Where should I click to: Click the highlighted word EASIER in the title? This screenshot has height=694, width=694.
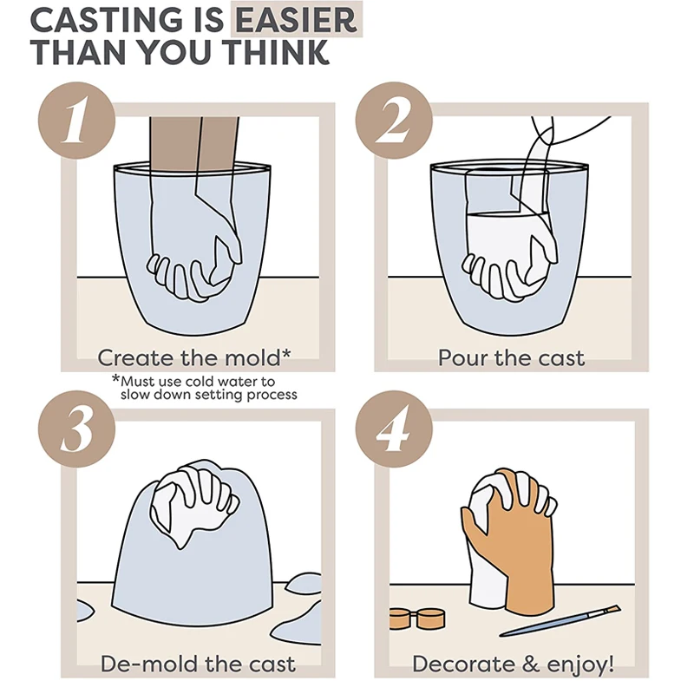pyautogui.click(x=296, y=19)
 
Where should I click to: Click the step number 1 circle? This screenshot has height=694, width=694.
pyautogui.click(x=76, y=120)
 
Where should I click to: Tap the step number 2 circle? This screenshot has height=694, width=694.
pyautogui.click(x=394, y=120)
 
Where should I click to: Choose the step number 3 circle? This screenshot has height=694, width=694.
pyautogui.click(x=76, y=429)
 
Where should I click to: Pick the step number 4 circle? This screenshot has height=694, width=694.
pyautogui.click(x=394, y=429)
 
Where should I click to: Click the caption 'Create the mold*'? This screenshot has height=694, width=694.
pyautogui.click(x=194, y=357)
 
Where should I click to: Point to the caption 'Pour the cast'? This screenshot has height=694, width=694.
pyautogui.click(x=511, y=357)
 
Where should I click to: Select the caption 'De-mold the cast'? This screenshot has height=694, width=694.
pyautogui.click(x=198, y=664)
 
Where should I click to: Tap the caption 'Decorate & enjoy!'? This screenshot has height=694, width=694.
pyautogui.click(x=514, y=664)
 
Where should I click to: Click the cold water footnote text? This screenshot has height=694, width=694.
pyautogui.click(x=205, y=388)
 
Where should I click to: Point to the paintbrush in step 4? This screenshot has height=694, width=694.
pyautogui.click(x=560, y=620)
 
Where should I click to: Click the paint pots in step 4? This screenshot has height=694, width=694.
pyautogui.click(x=417, y=618)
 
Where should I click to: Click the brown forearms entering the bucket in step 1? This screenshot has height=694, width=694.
pyautogui.click(x=193, y=141)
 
